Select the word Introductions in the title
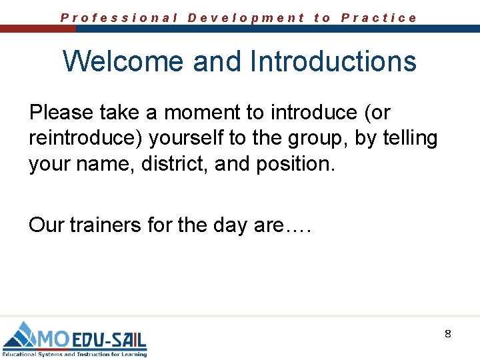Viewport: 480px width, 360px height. [x=333, y=61]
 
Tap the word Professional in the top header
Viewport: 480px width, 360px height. [x=119, y=18]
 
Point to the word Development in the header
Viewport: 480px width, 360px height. [x=246, y=18]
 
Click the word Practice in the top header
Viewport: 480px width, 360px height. [x=379, y=18]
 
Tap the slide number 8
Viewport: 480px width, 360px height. [x=448, y=333]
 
